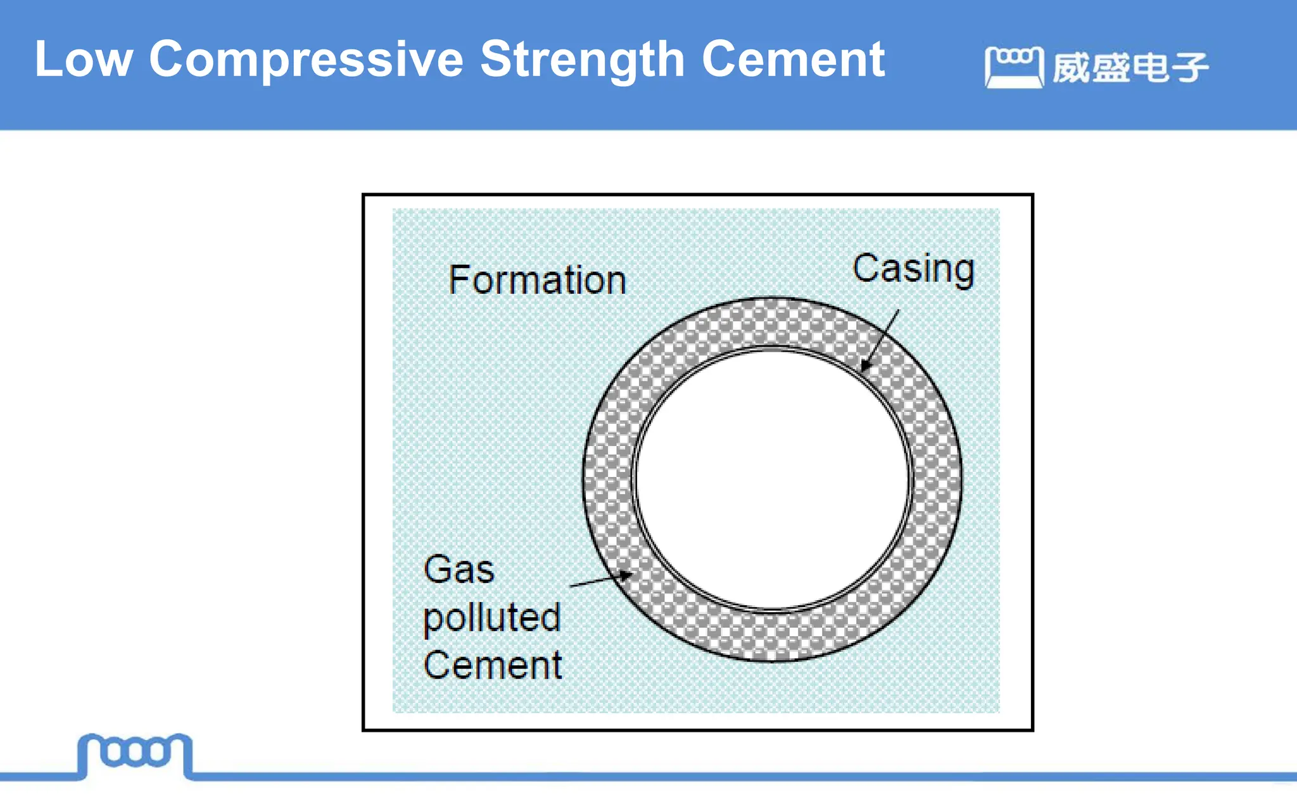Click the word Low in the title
(x=83, y=60)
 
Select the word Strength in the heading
(x=582, y=61)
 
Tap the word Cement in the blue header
(x=793, y=60)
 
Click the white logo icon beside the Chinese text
(x=1013, y=67)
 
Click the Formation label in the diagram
(x=537, y=280)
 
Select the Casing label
(x=913, y=269)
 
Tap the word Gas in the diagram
(x=459, y=569)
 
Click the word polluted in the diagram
(x=492, y=618)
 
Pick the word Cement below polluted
(x=493, y=665)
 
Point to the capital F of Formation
(x=457, y=280)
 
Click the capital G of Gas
(x=438, y=569)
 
